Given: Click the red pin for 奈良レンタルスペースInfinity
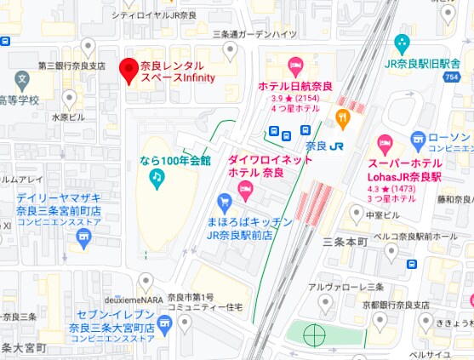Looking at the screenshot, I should tap(128, 70).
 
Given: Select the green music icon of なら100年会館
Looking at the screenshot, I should tap(157, 177).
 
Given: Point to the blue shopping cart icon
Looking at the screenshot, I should tap(225, 202).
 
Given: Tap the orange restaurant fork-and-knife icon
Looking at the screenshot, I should tap(343, 117).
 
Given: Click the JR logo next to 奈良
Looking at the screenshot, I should tap(338, 145).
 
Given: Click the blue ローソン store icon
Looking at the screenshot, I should tap(418, 139).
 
